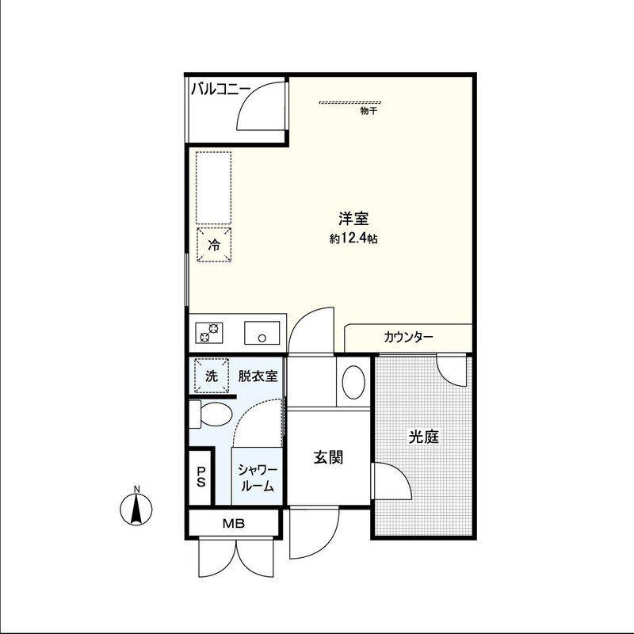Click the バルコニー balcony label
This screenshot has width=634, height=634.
221,89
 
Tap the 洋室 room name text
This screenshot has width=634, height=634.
353,220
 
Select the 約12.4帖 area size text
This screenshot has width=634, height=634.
353,239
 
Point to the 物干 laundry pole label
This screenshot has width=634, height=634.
369,110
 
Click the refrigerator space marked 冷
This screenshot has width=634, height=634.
214,245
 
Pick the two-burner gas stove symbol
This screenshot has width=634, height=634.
209,333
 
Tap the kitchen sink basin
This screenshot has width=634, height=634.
262,333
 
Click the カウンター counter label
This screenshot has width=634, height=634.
408,336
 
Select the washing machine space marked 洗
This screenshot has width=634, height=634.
211,376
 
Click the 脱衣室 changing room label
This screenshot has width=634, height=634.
258,376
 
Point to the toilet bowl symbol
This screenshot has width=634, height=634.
211,414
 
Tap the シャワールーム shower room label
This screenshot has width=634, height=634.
258,478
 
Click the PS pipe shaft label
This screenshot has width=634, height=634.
201,477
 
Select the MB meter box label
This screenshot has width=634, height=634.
234,524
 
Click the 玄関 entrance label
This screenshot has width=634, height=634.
328,457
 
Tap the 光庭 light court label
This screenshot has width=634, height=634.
423,437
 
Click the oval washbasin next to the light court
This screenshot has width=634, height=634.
353,382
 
